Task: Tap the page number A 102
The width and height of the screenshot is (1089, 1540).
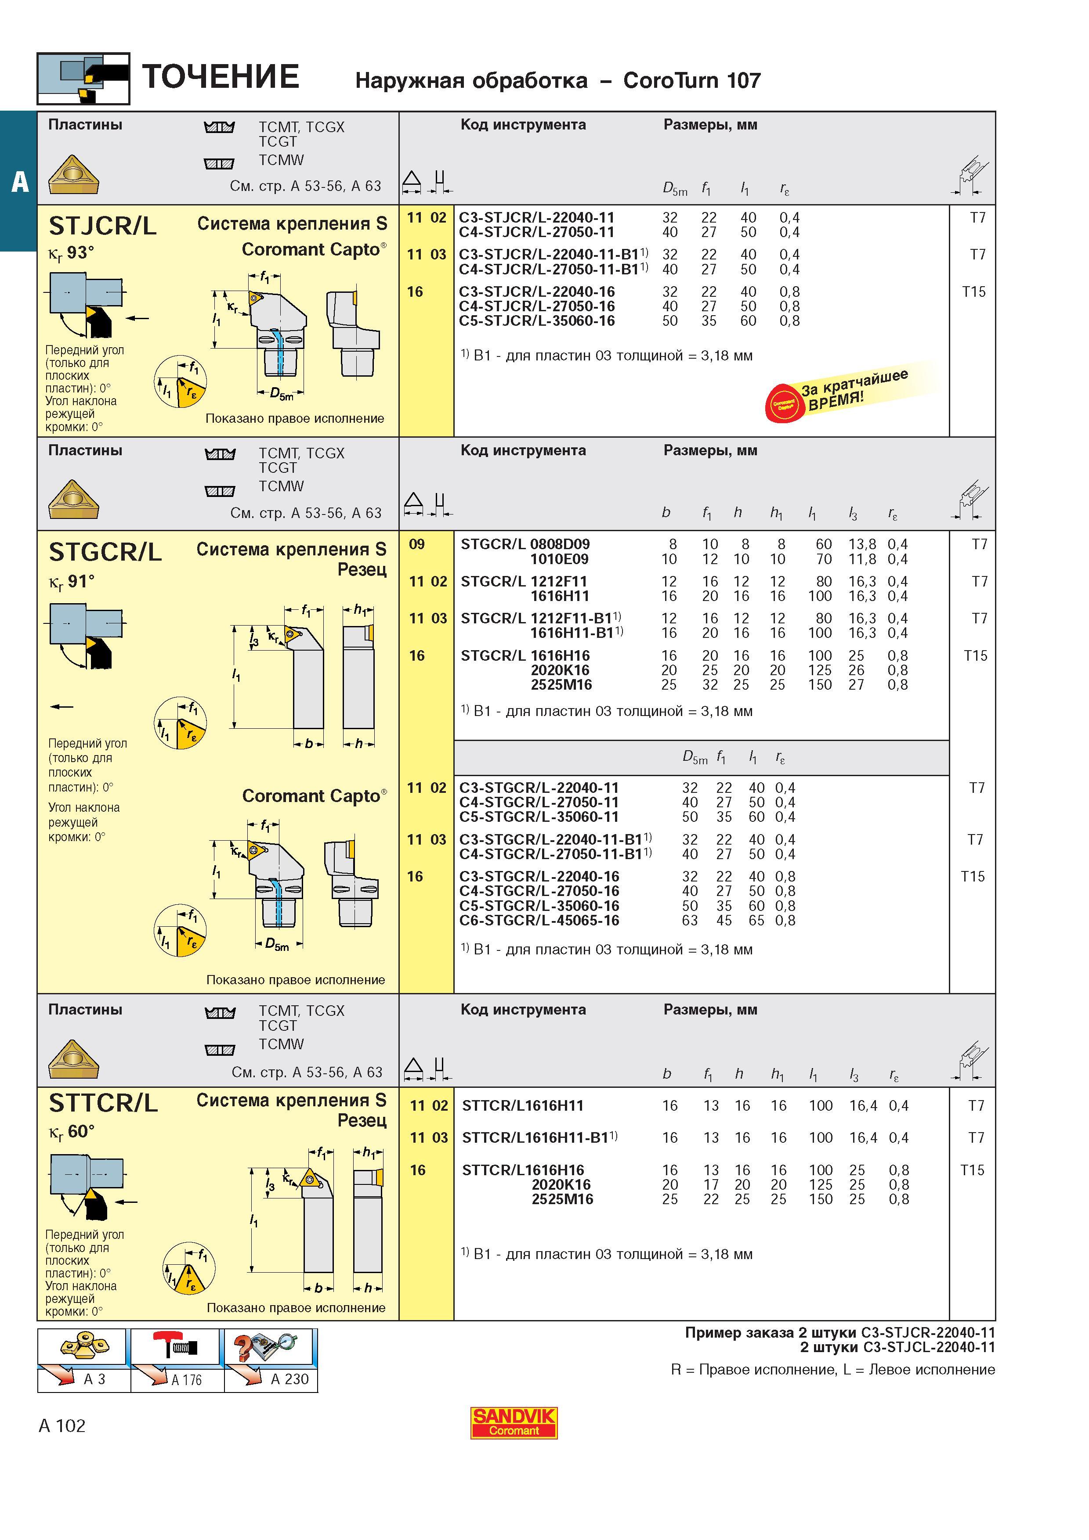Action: point(62,1425)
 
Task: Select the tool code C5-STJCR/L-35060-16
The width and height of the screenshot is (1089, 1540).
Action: point(537,320)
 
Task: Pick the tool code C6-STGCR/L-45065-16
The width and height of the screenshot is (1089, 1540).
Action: point(539,920)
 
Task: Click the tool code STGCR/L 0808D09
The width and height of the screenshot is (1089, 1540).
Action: point(525,544)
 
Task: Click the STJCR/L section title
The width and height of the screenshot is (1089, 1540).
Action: point(103,226)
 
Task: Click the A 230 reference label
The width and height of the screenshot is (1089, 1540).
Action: point(289,1378)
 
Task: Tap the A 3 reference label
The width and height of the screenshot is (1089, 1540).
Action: point(94,1378)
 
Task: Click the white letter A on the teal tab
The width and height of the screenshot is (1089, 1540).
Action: point(20,181)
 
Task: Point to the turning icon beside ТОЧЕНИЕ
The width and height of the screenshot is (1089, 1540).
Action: point(83,79)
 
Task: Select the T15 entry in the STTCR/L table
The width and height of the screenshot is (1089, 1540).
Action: point(972,1170)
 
